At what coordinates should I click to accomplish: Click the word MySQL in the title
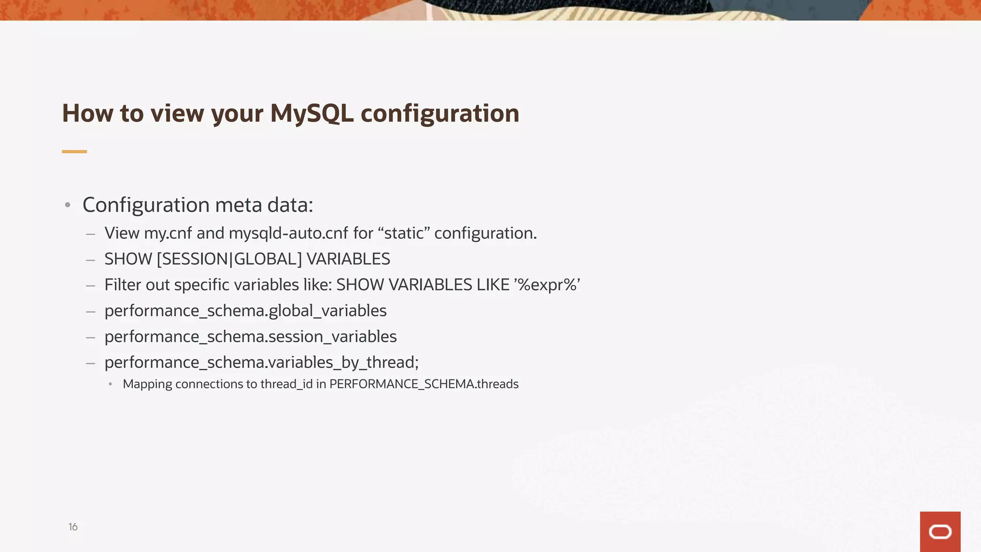click(311, 114)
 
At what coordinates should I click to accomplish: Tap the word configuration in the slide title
click(440, 114)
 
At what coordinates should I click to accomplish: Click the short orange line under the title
click(74, 151)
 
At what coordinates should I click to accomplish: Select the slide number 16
click(73, 527)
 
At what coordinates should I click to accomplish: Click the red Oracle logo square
click(940, 531)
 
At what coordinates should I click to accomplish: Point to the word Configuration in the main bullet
click(146, 205)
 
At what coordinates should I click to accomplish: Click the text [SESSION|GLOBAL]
click(229, 259)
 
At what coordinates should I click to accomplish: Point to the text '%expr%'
click(547, 285)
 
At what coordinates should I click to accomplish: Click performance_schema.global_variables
click(245, 311)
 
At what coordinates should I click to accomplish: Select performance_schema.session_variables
click(251, 337)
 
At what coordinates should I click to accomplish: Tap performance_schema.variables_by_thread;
click(262, 363)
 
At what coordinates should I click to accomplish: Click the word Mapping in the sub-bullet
click(147, 384)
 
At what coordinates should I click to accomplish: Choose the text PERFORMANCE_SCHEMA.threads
click(424, 384)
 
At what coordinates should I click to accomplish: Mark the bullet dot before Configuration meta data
click(68, 205)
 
